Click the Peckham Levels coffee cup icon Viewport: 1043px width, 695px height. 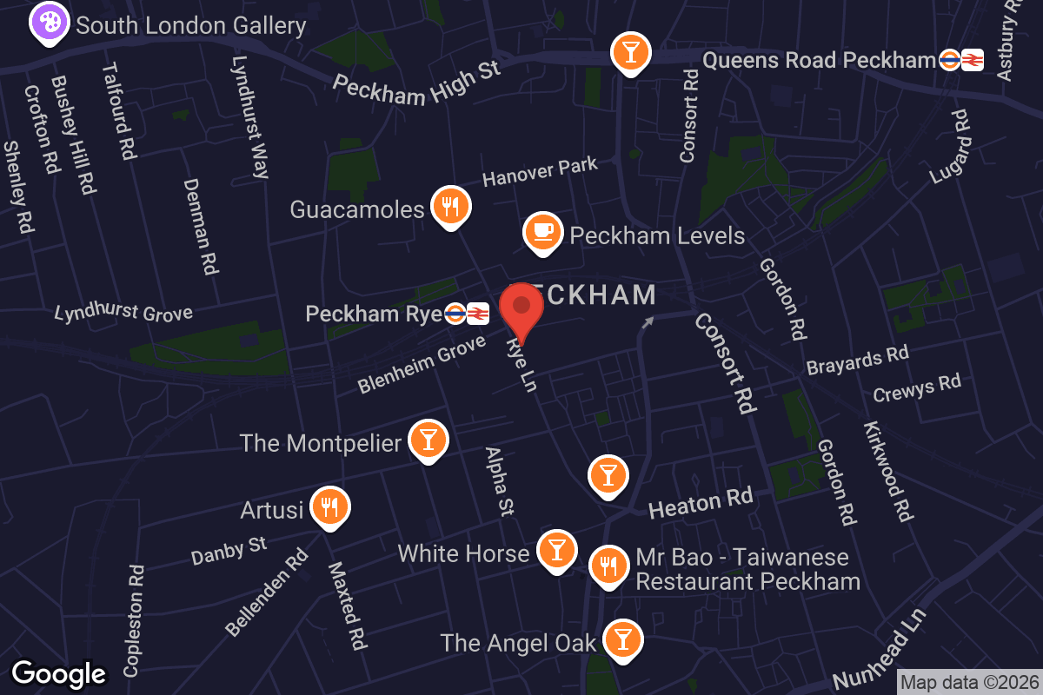(542, 232)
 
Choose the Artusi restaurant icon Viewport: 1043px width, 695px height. (329, 506)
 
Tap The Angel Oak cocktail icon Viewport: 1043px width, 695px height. (622, 639)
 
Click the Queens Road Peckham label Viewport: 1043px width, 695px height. (818, 60)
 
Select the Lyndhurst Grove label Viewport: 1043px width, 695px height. (123, 312)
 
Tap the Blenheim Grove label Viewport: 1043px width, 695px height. (422, 365)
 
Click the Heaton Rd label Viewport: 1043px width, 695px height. (700, 502)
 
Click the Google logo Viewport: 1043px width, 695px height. (59, 673)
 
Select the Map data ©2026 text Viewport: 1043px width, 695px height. (968, 682)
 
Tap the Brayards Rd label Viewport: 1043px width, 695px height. (857, 359)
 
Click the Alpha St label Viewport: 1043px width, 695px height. (500, 481)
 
